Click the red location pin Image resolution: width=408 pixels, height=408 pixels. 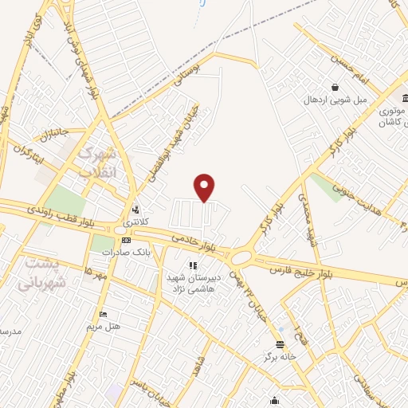(206, 187)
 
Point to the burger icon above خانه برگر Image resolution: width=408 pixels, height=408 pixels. (280, 344)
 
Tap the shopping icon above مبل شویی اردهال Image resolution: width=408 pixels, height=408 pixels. (335, 87)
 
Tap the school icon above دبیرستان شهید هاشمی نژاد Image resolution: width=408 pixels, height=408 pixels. (191, 265)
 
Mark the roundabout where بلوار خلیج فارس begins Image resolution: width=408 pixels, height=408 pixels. (241, 257)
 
